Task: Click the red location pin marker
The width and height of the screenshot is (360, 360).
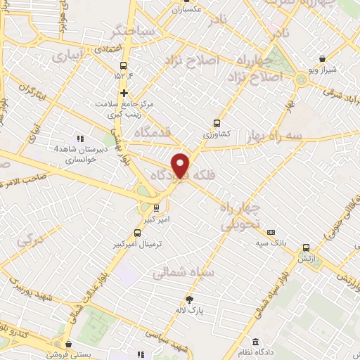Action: pos(181,165)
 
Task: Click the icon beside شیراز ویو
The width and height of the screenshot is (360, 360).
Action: pos(322,59)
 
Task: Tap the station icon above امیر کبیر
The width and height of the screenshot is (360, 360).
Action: pos(156,208)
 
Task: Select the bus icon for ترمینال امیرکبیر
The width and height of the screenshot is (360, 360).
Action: pos(138,232)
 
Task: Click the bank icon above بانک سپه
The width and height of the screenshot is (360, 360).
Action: pos(271,232)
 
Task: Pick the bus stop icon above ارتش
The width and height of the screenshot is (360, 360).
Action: pos(305,247)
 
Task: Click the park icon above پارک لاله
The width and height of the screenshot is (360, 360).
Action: pos(188,300)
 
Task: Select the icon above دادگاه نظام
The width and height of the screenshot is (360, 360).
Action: pos(266,342)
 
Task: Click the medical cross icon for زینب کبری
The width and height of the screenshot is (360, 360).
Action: pos(124,93)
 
